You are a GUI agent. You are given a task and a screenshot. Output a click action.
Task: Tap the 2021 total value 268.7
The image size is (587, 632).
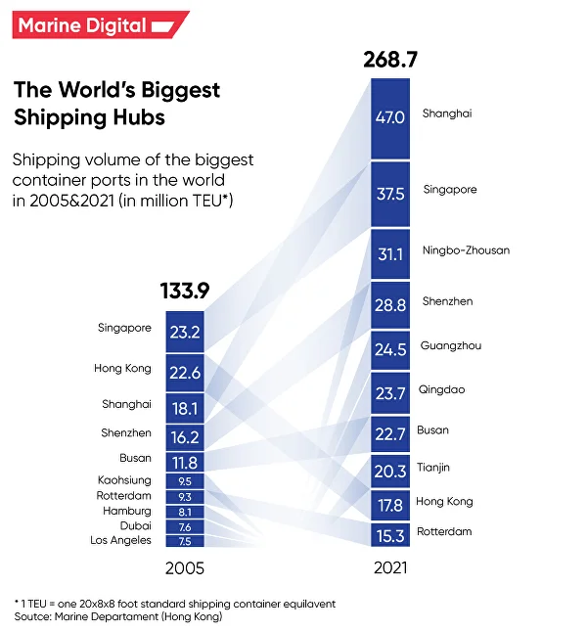389,61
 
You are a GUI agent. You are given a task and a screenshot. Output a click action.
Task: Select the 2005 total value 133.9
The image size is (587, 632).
185,291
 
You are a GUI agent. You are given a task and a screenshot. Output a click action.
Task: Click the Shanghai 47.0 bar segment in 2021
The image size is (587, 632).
390,117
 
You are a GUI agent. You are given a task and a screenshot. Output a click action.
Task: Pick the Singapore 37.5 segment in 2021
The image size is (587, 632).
390,194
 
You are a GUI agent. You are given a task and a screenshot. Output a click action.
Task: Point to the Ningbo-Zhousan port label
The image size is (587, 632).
465,250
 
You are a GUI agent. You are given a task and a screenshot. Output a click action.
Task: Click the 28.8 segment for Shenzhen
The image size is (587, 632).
390,305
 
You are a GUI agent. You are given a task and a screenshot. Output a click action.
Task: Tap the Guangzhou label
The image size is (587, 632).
450,346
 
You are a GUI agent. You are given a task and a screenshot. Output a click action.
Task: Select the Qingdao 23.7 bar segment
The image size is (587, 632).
390,393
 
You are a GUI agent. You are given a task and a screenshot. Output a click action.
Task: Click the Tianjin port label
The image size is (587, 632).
435,468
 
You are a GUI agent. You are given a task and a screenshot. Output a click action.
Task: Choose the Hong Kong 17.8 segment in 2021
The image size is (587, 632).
390,505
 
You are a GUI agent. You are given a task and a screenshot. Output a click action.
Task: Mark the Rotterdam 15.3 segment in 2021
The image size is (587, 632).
390,535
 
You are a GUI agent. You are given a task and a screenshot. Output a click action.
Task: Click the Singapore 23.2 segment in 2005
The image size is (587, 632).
184,332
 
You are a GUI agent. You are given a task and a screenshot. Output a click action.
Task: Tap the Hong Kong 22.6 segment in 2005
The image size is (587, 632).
184,372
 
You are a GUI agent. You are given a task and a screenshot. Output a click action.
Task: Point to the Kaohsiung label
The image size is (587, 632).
124,480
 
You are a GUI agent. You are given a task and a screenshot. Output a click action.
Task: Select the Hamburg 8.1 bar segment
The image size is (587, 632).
184,511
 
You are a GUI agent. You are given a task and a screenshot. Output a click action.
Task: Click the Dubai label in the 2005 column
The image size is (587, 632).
135,525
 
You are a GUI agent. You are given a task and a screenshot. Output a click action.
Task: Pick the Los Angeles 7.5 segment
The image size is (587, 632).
184,540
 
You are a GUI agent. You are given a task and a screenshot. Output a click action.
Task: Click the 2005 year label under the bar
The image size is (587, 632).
184,567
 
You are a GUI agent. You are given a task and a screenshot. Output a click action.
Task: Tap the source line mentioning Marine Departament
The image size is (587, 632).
117,617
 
